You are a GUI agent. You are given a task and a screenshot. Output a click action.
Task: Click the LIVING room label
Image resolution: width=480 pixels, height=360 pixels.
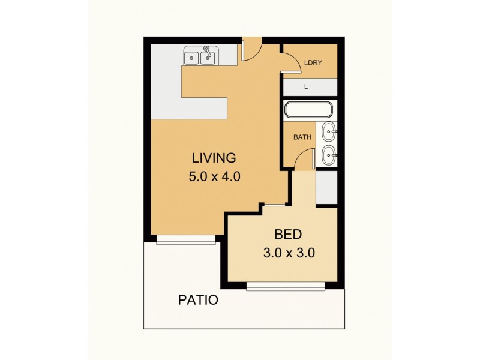(x=214, y=158)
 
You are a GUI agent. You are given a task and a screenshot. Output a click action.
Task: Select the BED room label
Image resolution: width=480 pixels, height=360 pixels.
(x=289, y=234)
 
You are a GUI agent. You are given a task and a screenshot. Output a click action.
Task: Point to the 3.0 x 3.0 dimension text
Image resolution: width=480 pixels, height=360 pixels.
(x=289, y=253)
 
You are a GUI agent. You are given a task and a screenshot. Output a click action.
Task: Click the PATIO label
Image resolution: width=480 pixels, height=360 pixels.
(x=197, y=300)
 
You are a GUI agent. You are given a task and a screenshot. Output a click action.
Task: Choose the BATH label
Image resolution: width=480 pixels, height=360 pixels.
(x=302, y=137)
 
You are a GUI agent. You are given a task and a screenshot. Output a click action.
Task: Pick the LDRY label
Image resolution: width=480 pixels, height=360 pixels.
(x=311, y=62)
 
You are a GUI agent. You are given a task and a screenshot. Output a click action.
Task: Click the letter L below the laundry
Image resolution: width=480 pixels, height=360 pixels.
(x=306, y=87)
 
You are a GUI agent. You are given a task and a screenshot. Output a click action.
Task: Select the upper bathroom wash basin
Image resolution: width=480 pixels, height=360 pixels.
(x=329, y=131)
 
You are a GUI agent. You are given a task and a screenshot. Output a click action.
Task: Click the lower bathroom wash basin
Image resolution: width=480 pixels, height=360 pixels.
(x=329, y=155)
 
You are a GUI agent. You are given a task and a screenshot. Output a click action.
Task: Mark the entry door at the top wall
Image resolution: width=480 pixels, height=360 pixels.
(x=252, y=50)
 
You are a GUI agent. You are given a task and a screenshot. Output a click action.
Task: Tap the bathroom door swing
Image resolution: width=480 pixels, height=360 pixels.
(x=305, y=158)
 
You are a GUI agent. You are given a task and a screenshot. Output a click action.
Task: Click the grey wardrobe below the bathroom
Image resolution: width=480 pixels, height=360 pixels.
(x=326, y=188)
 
